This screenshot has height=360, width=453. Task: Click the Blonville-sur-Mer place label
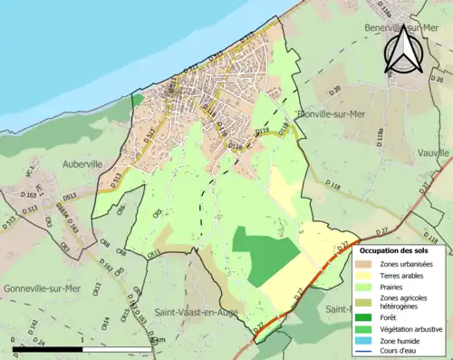click(x=332, y=114)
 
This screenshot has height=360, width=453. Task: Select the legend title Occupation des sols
click(x=394, y=249)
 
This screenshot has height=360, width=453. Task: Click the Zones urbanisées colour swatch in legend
click(x=370, y=264)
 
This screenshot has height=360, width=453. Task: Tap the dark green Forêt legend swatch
click(x=370, y=316)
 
